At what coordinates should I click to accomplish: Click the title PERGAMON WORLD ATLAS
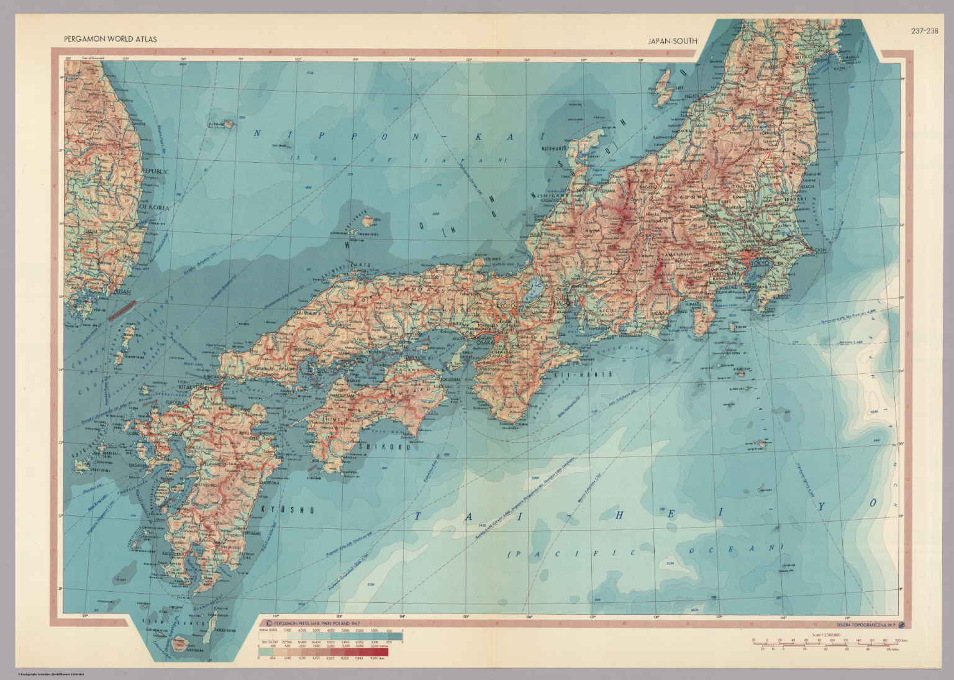click(110, 39)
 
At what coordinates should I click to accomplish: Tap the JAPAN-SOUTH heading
click(672, 41)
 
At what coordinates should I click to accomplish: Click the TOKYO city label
click(760, 263)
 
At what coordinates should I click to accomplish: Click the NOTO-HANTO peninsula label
click(556, 150)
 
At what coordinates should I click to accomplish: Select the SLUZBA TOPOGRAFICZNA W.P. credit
click(866, 625)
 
